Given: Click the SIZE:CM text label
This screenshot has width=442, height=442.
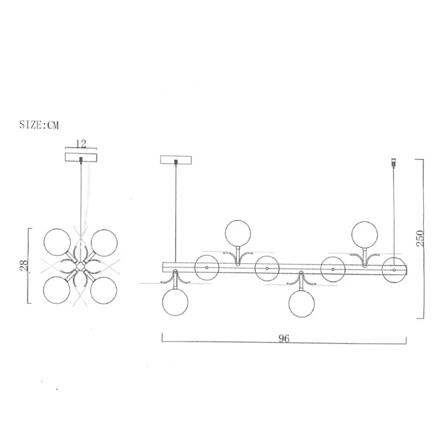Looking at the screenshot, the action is tap(39, 125).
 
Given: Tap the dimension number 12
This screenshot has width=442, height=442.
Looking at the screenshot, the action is tap(81, 144).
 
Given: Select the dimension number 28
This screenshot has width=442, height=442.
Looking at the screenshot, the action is tap(24, 265).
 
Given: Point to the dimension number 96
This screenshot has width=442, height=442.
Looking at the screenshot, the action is tap(284, 338).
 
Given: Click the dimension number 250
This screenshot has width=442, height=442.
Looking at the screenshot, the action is tap(420, 239).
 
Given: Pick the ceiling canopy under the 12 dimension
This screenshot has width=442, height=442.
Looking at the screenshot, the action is tap(81, 157).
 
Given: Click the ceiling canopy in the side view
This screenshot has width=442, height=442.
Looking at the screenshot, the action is tap(176, 160).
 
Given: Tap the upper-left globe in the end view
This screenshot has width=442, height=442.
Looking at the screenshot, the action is tap(57, 242).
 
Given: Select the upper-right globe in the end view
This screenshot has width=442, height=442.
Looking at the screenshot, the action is tap(104, 243).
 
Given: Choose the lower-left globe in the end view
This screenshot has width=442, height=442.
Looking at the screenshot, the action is tap(57, 290).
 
